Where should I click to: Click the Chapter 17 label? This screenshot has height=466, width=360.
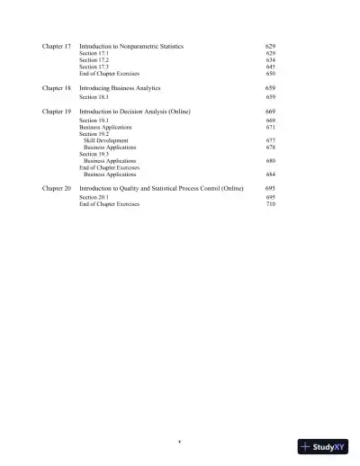(x=56, y=45)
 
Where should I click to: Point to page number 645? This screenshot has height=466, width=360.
(x=271, y=67)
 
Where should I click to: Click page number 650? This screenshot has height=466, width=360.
(x=271, y=73)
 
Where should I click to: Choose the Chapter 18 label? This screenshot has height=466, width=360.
(x=56, y=88)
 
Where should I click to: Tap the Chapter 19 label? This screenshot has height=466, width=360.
(x=56, y=110)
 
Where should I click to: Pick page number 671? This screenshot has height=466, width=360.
(x=271, y=128)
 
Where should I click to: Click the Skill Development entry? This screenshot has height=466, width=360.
(x=105, y=141)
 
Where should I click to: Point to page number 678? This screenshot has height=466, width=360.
(x=271, y=148)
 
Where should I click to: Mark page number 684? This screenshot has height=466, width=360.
(x=271, y=175)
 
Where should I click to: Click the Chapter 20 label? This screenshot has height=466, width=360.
(x=56, y=189)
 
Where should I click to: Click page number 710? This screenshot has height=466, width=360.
(x=271, y=204)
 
